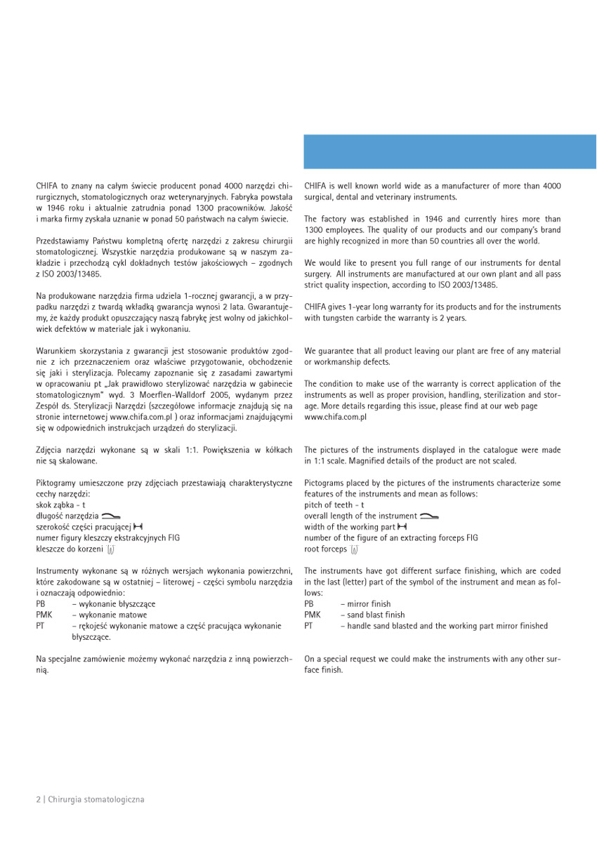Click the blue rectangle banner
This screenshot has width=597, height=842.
[450, 152]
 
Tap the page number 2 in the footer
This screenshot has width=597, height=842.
[38, 799]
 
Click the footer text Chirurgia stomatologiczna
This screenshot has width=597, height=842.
[96, 799]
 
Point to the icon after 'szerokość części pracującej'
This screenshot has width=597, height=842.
[138, 526]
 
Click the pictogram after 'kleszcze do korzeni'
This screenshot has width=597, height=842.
[110, 548]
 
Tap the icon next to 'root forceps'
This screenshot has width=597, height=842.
[354, 548]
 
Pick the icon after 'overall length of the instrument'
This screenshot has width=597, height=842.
[429, 516]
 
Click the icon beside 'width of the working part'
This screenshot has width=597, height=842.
[402, 526]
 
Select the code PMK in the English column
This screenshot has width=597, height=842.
[313, 615]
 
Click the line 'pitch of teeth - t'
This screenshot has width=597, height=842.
[334, 504]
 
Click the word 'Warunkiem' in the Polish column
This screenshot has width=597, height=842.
[55, 351]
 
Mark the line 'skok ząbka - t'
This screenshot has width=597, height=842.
[60, 504]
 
